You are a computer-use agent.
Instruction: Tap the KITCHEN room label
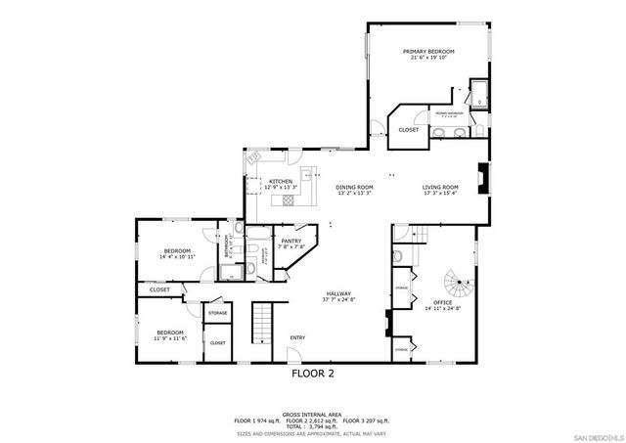(x=281, y=181)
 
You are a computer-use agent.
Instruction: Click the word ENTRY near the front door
(x=297, y=338)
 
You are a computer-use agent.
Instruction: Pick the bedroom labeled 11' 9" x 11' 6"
(x=170, y=333)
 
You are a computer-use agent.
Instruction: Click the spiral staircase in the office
(x=455, y=288)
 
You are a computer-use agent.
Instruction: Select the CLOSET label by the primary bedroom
(x=409, y=129)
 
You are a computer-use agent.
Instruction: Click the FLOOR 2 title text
(x=312, y=374)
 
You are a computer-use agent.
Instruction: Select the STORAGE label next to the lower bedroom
(x=217, y=313)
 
